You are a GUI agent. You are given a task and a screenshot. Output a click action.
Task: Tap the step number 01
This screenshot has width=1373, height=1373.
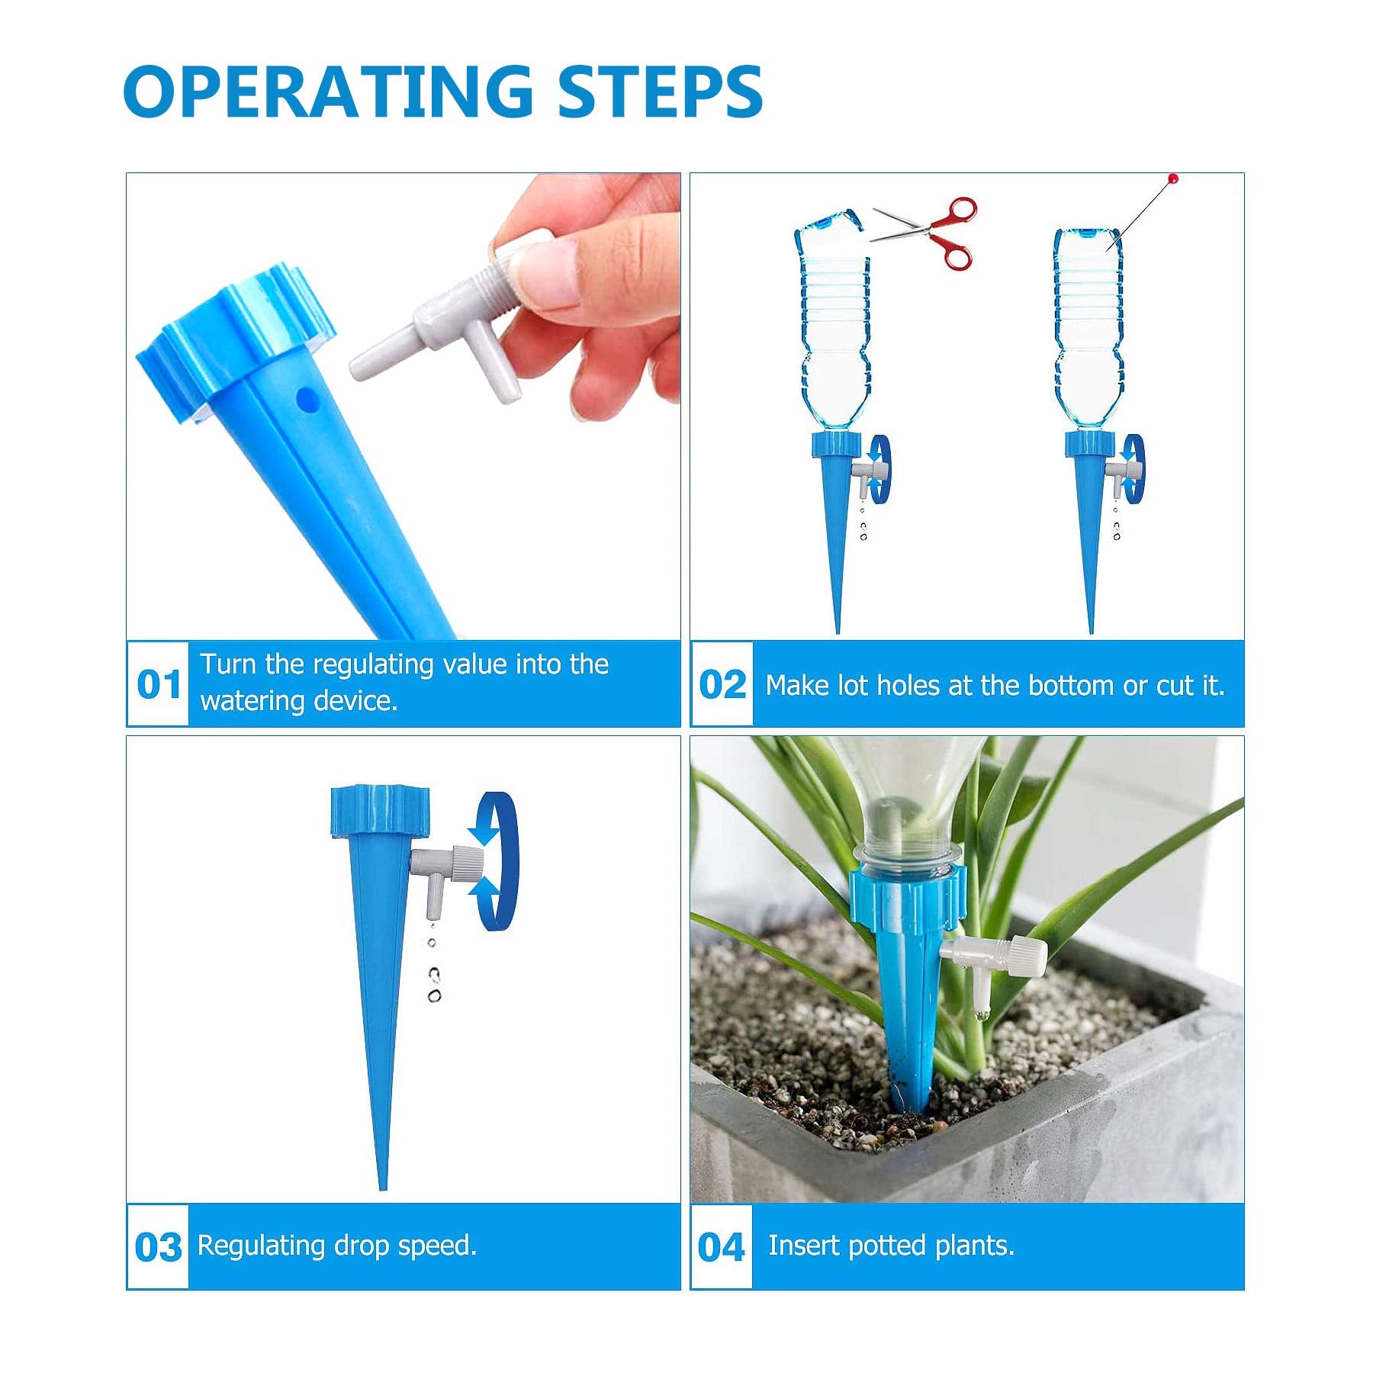point(159,684)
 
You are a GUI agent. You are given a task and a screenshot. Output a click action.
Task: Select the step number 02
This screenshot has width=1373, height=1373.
point(722,684)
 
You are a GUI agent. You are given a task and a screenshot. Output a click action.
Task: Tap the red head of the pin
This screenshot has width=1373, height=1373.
point(1174,178)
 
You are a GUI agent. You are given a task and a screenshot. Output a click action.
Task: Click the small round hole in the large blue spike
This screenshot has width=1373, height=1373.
point(307,397)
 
